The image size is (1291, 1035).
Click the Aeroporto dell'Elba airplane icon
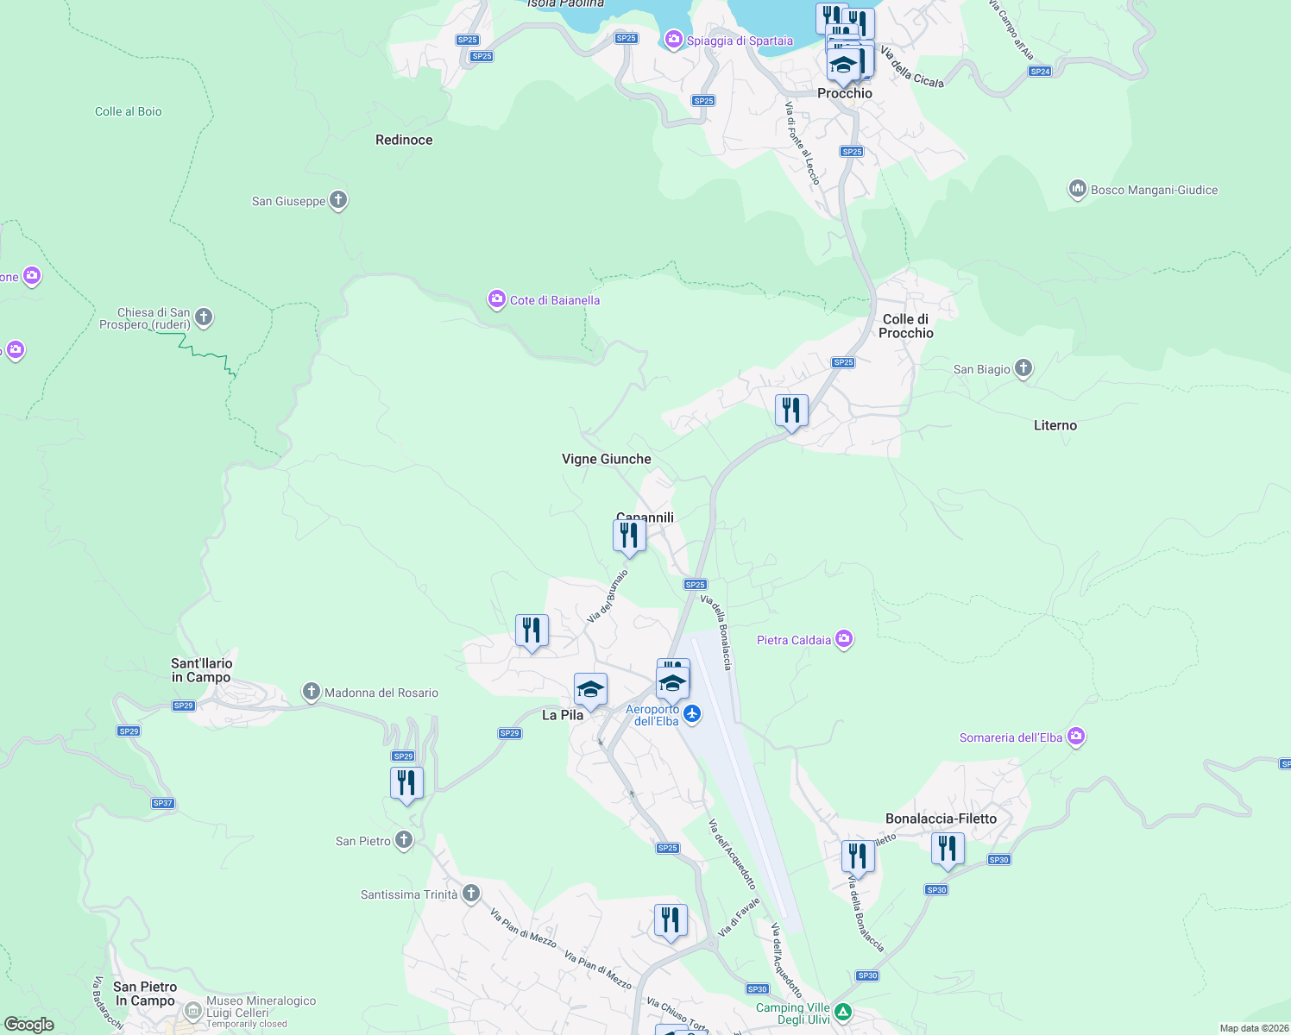click(x=692, y=714)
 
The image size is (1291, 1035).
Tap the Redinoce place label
click(x=404, y=140)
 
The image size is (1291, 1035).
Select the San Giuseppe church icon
click(x=338, y=201)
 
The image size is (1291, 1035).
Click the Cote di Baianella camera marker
click(x=496, y=300)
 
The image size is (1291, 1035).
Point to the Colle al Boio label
click(x=129, y=111)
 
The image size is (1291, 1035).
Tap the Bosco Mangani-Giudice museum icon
click(x=1077, y=190)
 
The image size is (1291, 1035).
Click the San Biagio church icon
click(x=1023, y=369)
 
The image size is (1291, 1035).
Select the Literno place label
click(x=1055, y=425)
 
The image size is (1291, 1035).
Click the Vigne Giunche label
click(x=607, y=459)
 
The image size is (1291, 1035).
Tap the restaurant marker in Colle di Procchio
click(x=791, y=411)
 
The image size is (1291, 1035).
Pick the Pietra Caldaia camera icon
click(x=844, y=639)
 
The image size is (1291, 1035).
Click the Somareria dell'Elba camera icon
click(x=1076, y=737)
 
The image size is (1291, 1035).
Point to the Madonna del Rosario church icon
click(x=311, y=692)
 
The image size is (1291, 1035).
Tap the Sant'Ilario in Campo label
click(x=202, y=670)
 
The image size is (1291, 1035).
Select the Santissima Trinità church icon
click(x=471, y=894)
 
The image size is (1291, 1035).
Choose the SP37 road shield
click(x=163, y=803)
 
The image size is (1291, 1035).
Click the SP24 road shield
click(x=1040, y=72)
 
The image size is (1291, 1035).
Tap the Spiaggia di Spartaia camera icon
click(x=673, y=40)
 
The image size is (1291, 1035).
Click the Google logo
click(x=29, y=1024)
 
